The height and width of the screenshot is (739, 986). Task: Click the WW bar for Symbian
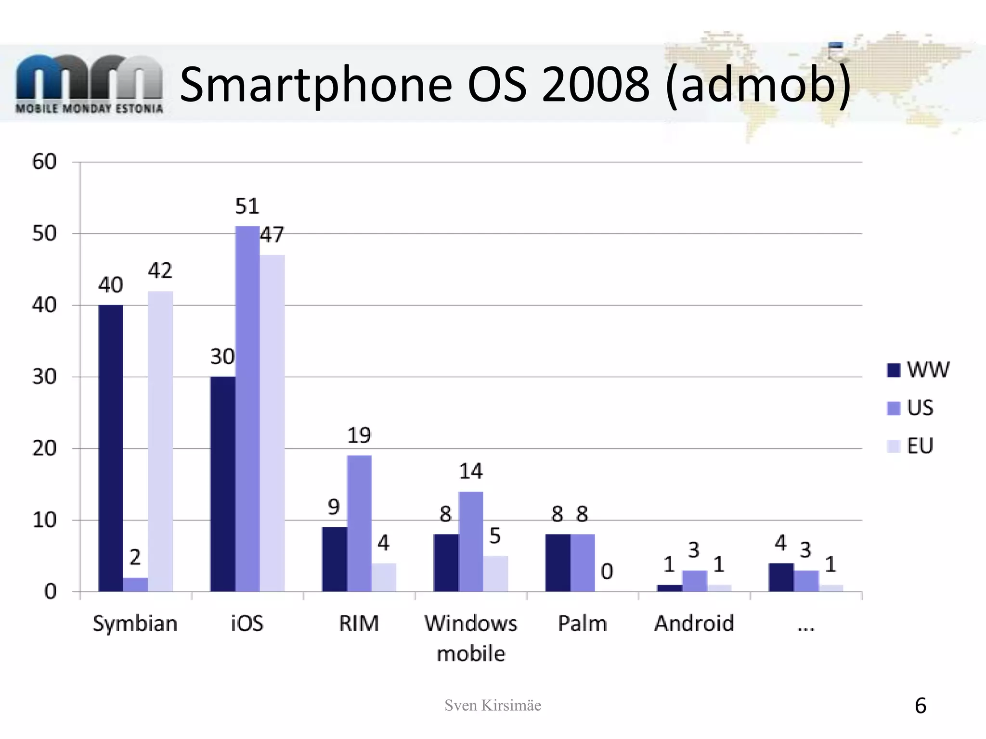tap(111, 447)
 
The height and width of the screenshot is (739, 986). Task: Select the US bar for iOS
tap(247, 409)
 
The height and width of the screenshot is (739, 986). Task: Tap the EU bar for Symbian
tap(160, 440)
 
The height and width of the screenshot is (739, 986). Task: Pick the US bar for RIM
tap(359, 523)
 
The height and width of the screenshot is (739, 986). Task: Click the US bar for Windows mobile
tap(471, 541)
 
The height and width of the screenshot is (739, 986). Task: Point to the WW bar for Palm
tap(558, 562)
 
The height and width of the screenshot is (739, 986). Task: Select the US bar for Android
tap(694, 581)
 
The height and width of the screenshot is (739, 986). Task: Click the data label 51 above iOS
tap(247, 206)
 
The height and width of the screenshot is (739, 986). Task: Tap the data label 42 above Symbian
tap(160, 271)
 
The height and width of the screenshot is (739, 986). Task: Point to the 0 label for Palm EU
tap(607, 572)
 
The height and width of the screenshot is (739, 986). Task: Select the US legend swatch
tap(894, 408)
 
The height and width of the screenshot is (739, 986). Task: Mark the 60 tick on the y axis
tap(44, 162)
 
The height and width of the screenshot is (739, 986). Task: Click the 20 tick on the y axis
tap(44, 448)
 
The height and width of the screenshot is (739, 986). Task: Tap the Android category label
tap(694, 624)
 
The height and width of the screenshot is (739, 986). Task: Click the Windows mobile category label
tap(471, 638)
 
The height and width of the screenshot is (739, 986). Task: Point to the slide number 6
tap(920, 706)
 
